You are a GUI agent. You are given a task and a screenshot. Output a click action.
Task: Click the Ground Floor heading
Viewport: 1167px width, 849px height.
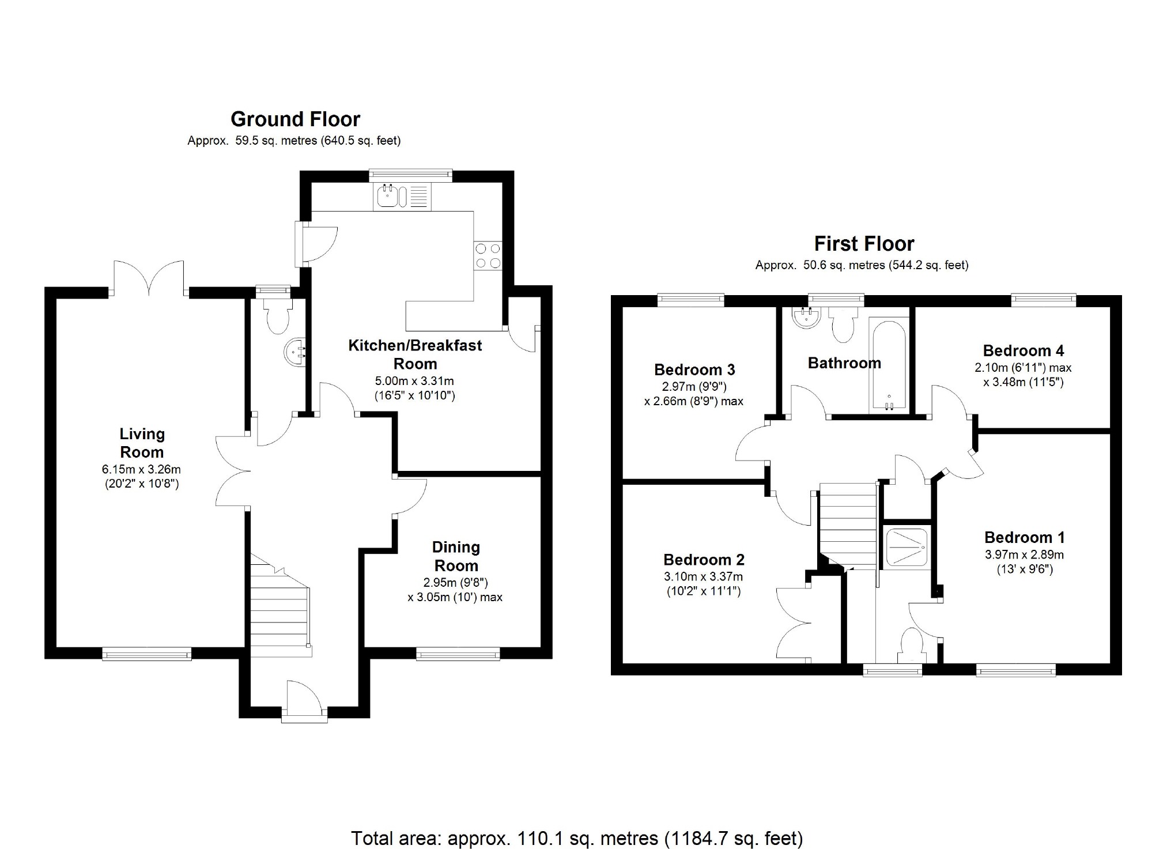coord(295,119)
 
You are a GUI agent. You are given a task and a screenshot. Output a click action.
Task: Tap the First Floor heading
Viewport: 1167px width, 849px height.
coord(864,244)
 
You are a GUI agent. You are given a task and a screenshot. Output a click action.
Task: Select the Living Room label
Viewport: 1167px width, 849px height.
coord(142,443)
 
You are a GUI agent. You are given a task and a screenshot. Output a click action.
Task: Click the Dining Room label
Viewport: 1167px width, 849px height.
coord(456,556)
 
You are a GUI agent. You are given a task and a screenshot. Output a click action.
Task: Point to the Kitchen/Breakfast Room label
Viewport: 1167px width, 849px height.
coord(415,354)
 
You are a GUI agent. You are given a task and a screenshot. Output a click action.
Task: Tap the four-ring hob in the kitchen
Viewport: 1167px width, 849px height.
coord(488,255)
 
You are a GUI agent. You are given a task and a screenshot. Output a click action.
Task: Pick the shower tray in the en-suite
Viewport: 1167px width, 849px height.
coord(907,547)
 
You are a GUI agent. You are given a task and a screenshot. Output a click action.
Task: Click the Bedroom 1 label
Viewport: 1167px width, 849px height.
coord(1024,538)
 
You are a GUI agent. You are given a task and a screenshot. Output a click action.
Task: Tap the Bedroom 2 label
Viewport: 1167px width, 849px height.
coord(704,560)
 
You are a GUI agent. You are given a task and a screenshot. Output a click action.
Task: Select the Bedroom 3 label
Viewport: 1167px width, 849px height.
coord(694,369)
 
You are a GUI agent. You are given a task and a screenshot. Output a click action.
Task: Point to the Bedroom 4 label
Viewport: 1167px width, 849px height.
coord(1023,350)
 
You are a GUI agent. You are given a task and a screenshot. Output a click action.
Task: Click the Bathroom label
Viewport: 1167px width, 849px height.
coord(844,363)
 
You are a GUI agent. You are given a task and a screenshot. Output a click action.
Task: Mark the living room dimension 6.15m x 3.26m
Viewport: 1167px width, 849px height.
coord(141,470)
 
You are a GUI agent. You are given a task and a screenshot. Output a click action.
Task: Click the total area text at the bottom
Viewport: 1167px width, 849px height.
coord(577,837)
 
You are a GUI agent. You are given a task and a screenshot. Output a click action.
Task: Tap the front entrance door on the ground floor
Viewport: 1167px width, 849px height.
coord(304,701)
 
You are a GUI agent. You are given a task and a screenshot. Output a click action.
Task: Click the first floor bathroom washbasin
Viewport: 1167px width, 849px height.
coord(806,318)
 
